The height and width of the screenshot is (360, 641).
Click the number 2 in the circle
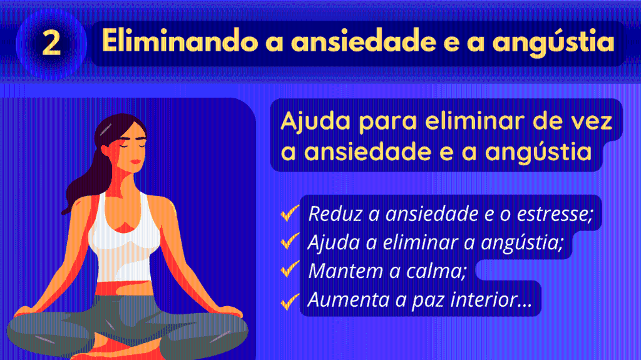51,43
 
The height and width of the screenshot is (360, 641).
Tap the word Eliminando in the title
180,41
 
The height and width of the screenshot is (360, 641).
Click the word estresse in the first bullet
555,214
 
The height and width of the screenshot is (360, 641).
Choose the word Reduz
336,213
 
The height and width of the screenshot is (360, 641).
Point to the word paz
428,301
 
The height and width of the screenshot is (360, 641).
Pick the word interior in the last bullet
491,299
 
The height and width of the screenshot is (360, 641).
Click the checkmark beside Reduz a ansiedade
290,213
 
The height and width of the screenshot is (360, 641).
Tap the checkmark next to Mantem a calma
290,269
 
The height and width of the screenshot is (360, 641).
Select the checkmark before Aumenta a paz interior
290,301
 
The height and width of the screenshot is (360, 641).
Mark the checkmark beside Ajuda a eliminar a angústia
290,241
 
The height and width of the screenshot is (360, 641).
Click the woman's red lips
135,162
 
